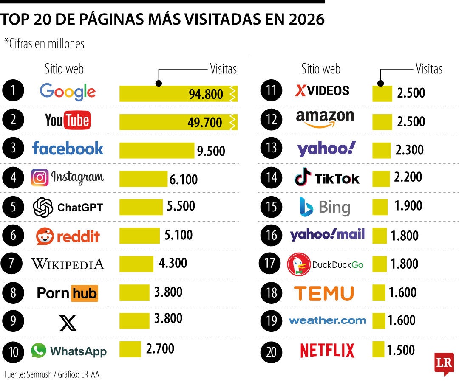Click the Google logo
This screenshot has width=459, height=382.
click(68, 92)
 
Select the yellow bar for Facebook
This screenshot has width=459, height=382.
click(156, 150)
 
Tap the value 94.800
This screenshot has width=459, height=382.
click(206, 94)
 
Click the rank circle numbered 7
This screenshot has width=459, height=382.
click(13, 264)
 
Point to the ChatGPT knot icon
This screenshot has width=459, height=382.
click(43, 208)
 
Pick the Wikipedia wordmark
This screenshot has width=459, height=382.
click(68, 264)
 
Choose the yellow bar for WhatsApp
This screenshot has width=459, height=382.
click(130, 349)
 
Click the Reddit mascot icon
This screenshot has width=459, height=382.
click(45, 236)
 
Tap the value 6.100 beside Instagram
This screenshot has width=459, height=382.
click(184, 180)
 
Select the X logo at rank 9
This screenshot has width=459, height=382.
click(68, 323)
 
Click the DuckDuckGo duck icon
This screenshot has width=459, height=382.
click(298, 264)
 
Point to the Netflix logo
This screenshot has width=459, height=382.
click(327, 351)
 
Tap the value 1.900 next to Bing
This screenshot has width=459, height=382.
click(408, 206)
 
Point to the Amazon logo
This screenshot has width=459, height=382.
click(325, 118)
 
